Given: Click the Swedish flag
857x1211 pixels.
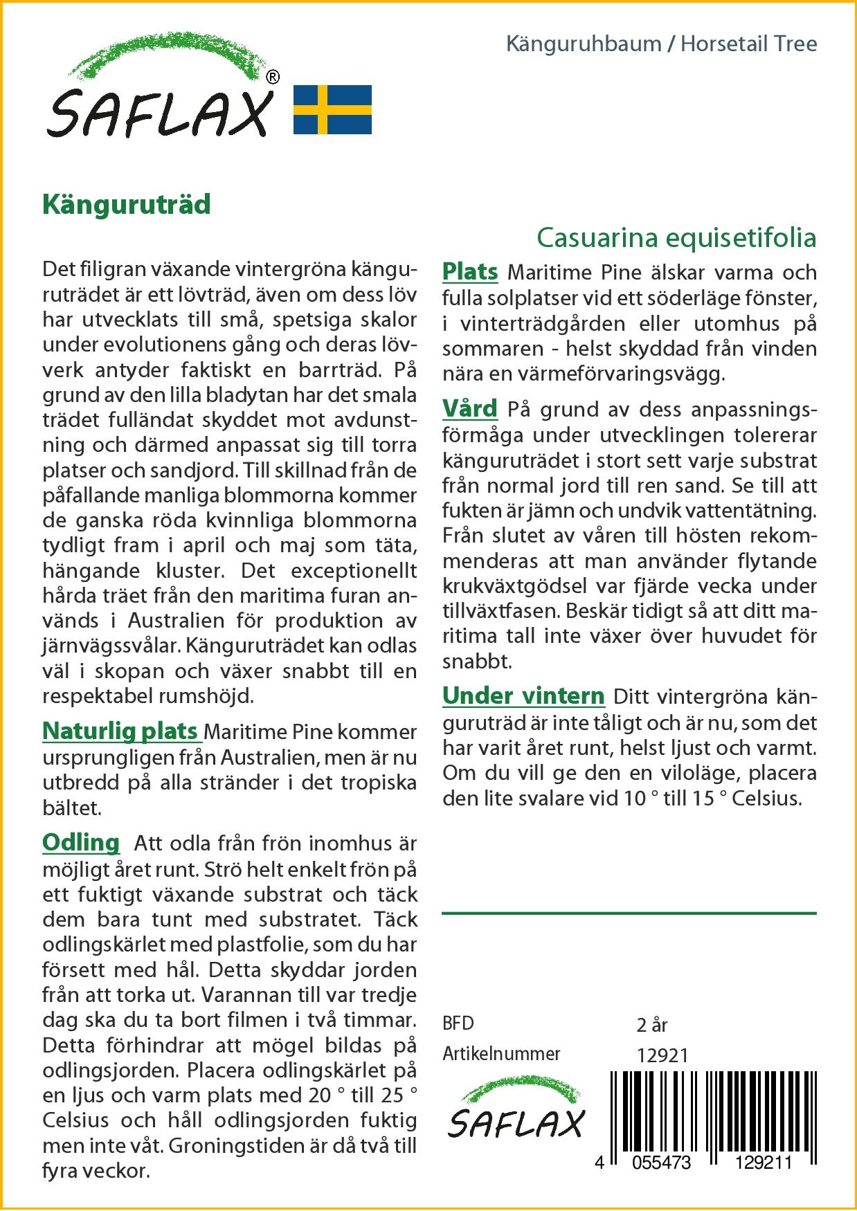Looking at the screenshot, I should click(x=333, y=109).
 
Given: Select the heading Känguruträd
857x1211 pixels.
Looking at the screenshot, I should click(x=127, y=206).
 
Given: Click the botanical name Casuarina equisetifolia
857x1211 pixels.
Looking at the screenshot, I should click(x=676, y=237).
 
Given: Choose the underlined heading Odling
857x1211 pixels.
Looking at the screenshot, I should click(x=81, y=842).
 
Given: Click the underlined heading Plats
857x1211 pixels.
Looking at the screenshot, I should click(x=470, y=271).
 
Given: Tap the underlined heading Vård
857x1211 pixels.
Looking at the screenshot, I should click(x=470, y=408).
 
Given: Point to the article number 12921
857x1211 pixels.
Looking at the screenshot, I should click(x=662, y=1055).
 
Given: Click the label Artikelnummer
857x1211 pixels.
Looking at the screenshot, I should click(x=501, y=1054).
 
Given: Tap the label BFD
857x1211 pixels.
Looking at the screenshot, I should click(x=458, y=1023).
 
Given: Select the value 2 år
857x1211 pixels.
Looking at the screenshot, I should click(x=651, y=1024).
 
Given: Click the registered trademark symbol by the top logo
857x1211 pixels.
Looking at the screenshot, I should click(x=273, y=76).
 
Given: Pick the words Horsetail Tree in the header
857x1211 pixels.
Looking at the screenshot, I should click(x=749, y=44).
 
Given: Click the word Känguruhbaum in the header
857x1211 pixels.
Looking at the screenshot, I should click(x=584, y=44).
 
